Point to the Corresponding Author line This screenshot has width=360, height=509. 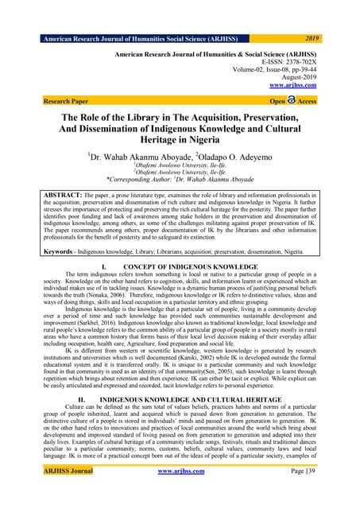pyautogui.click(x=180, y=180)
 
